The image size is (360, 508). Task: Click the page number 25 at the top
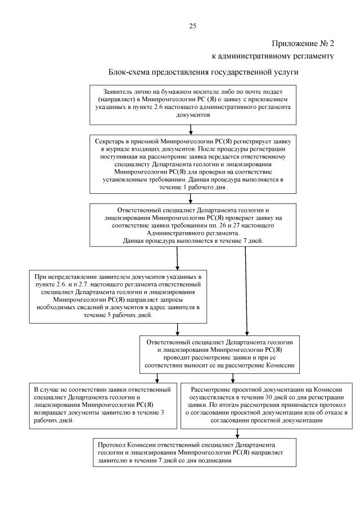click(192, 25)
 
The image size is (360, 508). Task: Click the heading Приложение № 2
click(303, 43)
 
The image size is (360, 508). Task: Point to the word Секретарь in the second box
click(112, 139)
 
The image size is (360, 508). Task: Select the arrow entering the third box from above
click(192, 198)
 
